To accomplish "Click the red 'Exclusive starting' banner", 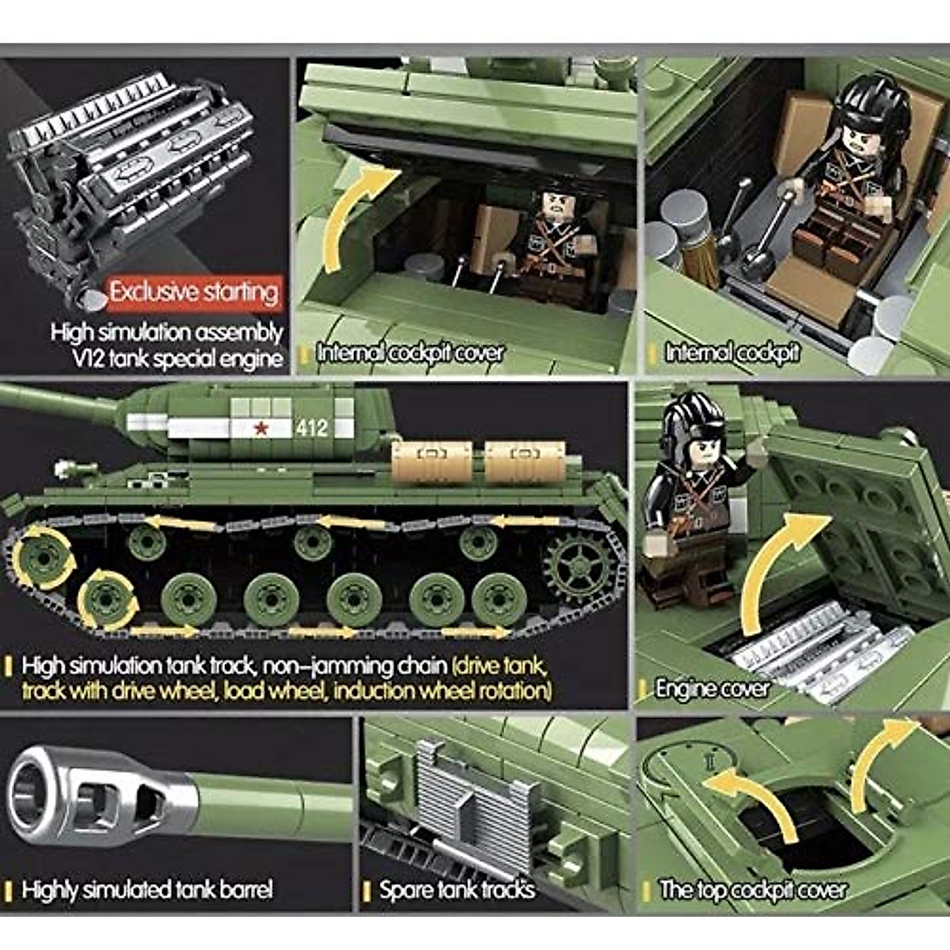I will pos(194,291).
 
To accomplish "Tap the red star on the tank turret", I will pos(259,428).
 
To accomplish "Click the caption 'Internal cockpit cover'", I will pos(409,353).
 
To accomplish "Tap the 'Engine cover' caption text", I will pos(712,688).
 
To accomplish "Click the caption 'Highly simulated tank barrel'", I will pos(147,890).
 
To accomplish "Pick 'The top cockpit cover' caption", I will pos(753,891).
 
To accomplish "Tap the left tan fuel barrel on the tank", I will pos(431,462).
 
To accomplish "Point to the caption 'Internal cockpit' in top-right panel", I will pos(731,353).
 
